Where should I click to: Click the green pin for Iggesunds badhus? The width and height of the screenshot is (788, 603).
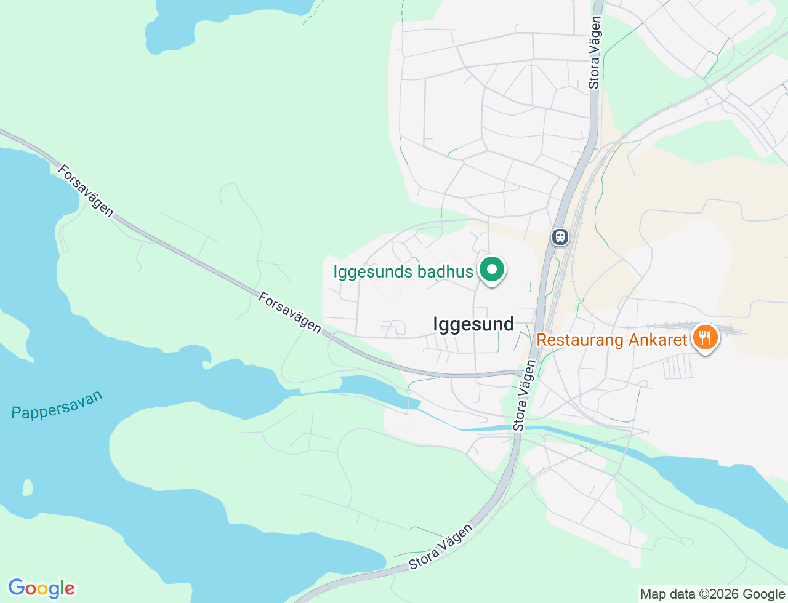[x=491, y=270]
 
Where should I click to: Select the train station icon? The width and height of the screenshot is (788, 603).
[x=560, y=236]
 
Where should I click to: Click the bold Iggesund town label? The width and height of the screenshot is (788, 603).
[x=473, y=324]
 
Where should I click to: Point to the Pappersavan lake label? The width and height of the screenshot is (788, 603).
[x=57, y=405]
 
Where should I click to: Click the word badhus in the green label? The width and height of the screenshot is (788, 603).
[x=444, y=271]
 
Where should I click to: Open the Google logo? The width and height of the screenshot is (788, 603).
[x=41, y=589]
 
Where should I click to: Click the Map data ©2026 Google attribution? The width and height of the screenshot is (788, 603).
[x=712, y=594]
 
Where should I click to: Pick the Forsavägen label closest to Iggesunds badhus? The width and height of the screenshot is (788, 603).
[x=290, y=313]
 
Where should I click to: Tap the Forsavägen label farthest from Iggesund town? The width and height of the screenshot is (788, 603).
[x=86, y=191]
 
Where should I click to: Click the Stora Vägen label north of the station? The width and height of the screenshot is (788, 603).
[x=595, y=52]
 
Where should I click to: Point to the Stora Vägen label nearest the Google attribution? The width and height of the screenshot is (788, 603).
[x=441, y=546]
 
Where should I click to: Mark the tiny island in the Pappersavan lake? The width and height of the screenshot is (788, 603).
[x=27, y=488]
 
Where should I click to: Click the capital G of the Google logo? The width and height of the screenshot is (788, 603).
[x=17, y=588]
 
